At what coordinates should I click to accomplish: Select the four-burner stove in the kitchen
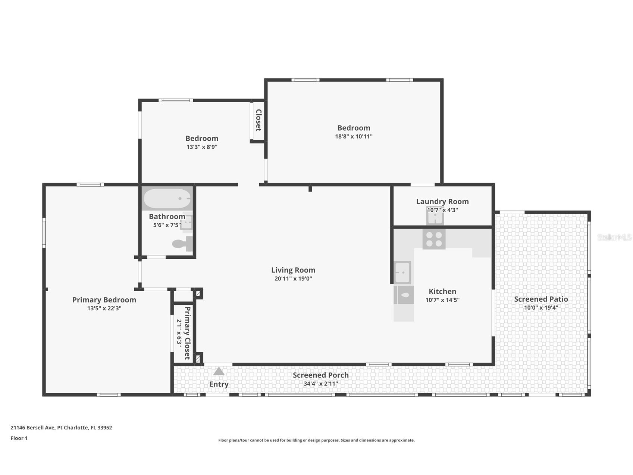(434, 239)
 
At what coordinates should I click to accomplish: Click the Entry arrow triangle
(219, 372)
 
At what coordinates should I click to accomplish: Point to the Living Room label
(293, 270)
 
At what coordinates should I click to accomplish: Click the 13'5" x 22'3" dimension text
(104, 308)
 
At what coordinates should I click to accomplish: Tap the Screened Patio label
(541, 299)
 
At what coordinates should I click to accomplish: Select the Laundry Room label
(442, 202)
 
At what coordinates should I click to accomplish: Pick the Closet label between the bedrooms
(258, 120)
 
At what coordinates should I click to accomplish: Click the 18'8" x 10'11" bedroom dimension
(354, 137)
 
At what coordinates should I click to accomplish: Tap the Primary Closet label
(187, 333)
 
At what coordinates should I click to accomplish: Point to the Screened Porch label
(321, 375)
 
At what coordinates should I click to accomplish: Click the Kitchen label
(442, 292)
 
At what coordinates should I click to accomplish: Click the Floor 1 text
(19, 438)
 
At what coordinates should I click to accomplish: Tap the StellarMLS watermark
(614, 237)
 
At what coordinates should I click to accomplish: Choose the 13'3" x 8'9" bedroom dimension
(202, 147)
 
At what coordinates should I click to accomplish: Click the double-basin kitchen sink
(402, 273)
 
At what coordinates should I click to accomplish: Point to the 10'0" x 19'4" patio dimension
(541, 308)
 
